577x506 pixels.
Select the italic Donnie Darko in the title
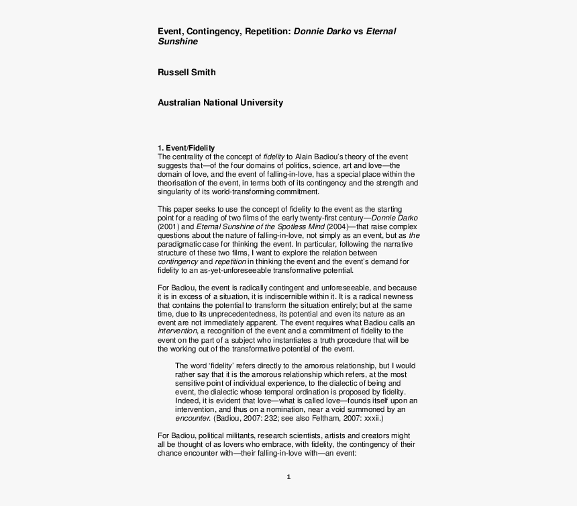(x=322, y=32)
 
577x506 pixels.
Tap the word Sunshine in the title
(x=178, y=42)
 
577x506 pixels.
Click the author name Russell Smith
(x=187, y=72)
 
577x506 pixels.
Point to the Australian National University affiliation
(x=220, y=103)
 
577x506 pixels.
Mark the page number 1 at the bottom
(x=288, y=478)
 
